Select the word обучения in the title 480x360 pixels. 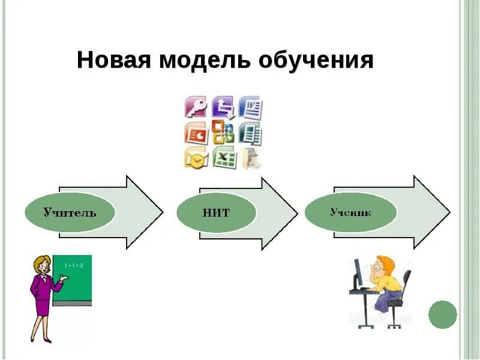316,61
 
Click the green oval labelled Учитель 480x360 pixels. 69,212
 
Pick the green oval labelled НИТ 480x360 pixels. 216,212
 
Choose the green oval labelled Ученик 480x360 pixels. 350,212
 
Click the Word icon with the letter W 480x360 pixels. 250,108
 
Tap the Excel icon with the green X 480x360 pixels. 223,157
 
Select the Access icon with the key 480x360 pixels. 196,108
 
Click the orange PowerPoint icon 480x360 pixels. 196,133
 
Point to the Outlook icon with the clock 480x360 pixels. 196,158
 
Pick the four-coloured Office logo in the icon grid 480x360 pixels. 223,133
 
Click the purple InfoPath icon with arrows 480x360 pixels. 223,108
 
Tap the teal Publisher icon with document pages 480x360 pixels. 250,133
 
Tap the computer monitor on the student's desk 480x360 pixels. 359,274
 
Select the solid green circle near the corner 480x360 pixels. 443,314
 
